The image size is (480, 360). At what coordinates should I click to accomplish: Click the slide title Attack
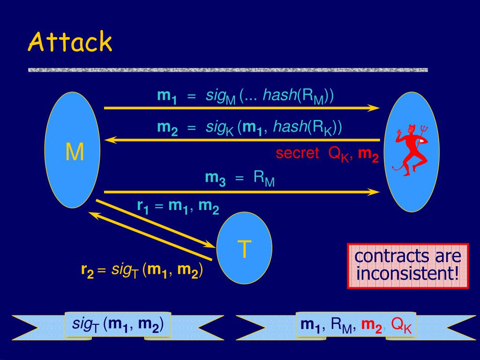tap(70, 43)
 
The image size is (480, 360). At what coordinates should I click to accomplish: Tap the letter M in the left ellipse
tap(75, 152)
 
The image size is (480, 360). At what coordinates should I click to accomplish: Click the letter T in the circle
tap(244, 249)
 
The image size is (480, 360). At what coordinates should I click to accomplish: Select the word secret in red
tap(297, 153)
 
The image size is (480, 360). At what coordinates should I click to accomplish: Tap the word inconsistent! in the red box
tap(407, 273)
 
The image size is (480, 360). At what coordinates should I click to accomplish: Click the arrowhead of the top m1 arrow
tap(374, 108)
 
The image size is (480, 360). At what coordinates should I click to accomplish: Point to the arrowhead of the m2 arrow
tap(110, 140)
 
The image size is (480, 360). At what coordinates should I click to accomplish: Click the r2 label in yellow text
tap(87, 270)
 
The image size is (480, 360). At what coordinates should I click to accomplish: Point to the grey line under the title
tap(228, 70)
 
